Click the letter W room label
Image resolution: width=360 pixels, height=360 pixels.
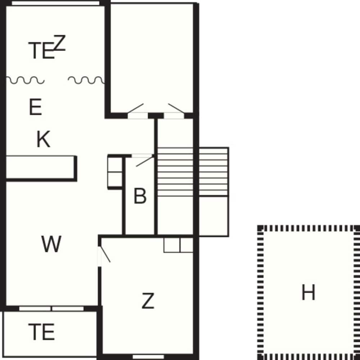tap(51, 244)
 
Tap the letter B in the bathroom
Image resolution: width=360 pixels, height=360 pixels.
tap(140, 197)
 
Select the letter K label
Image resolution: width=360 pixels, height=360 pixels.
tap(44, 140)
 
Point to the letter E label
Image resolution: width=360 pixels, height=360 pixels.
tap(35, 108)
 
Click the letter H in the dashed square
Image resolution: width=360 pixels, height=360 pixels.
tap(308, 292)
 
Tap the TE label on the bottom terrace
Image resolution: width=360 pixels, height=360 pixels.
tap(42, 332)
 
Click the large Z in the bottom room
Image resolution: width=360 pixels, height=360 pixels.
tap(148, 301)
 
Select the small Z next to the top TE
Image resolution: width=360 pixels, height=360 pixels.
tap(60, 43)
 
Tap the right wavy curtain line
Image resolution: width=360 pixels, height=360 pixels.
tap(86, 80)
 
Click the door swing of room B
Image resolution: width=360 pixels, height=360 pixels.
tap(144, 161)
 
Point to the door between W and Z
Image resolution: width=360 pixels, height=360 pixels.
tap(104, 255)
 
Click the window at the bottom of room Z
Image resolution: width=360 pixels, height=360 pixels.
tap(148, 356)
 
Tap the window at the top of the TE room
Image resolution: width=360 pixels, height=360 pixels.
tap(56, 3)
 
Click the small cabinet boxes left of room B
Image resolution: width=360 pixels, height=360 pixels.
tap(115, 172)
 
